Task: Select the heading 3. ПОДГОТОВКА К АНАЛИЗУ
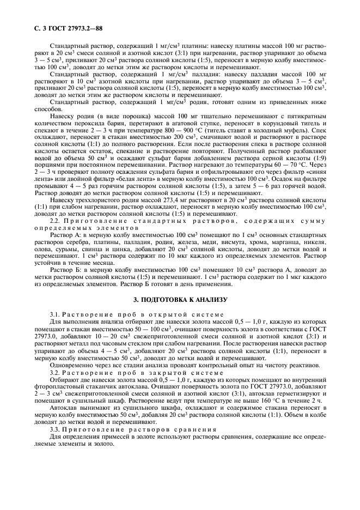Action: point(180,300)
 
